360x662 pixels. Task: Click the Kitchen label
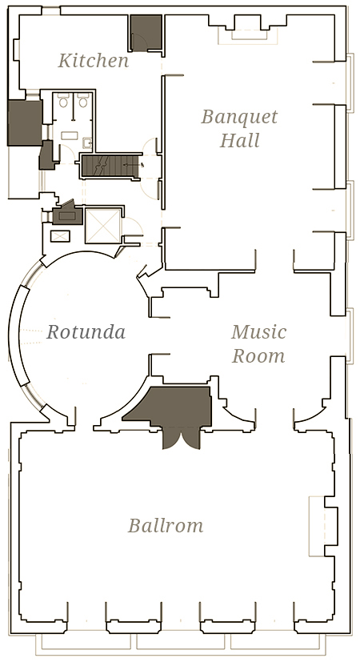coord(94,60)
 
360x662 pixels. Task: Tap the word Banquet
coord(239,117)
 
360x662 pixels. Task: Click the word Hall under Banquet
coord(239,140)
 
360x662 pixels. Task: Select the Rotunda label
coord(86,332)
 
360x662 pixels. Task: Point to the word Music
coord(258,332)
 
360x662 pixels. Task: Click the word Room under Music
coord(258,355)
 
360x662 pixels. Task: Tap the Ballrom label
coord(166,526)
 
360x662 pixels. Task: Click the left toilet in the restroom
coord(63,102)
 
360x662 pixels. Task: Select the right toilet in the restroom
coord(83,102)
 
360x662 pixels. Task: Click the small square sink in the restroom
coord(87,143)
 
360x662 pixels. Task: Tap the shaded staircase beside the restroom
coord(110,166)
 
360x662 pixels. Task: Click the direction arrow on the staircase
coord(135,165)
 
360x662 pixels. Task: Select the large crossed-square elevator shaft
coord(103,226)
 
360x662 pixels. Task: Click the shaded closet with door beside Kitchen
coord(146,33)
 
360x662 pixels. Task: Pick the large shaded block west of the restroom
coord(25,123)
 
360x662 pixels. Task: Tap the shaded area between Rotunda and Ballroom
coord(173,406)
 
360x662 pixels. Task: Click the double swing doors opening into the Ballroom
coord(181,437)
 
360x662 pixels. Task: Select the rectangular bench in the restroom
coord(67,135)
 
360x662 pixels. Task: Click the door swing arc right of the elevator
coord(134,227)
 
